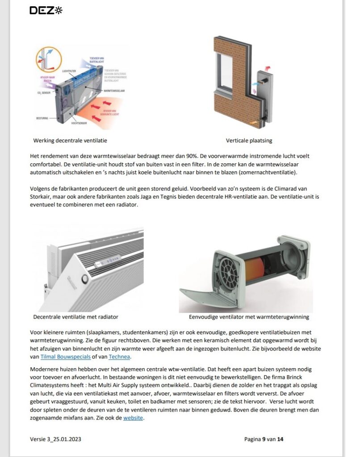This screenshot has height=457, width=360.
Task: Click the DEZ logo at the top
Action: (x=46, y=10)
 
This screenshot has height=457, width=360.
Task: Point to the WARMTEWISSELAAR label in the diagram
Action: (x=113, y=90)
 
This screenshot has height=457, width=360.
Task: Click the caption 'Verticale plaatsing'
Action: (x=249, y=141)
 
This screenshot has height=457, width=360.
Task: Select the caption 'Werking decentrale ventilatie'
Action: (x=70, y=141)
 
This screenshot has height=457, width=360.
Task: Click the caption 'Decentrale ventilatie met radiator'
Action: (x=75, y=317)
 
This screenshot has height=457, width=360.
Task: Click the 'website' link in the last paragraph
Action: (x=134, y=418)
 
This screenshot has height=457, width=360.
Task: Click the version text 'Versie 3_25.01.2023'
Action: (x=55, y=439)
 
